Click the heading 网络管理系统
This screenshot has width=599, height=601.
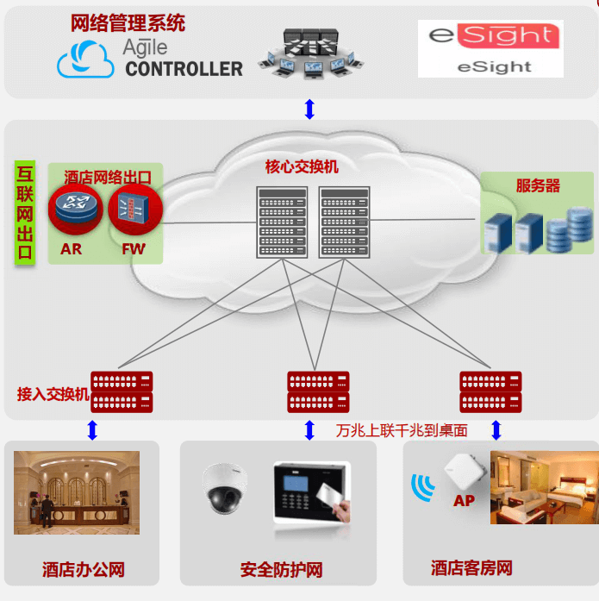[x=128, y=23]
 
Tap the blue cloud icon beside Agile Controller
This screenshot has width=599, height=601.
[x=85, y=61]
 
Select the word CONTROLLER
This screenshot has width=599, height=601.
[x=184, y=68]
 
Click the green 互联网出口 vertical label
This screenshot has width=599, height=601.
[x=25, y=212]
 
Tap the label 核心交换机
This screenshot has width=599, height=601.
[x=301, y=166]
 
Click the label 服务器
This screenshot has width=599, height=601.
[x=538, y=185]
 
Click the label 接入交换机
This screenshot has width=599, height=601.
[x=53, y=394]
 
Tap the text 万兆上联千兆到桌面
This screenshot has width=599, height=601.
[x=402, y=430]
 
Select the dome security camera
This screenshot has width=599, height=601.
[x=225, y=489]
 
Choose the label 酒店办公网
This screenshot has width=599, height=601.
[x=84, y=569]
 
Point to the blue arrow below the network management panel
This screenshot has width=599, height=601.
[x=309, y=110]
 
